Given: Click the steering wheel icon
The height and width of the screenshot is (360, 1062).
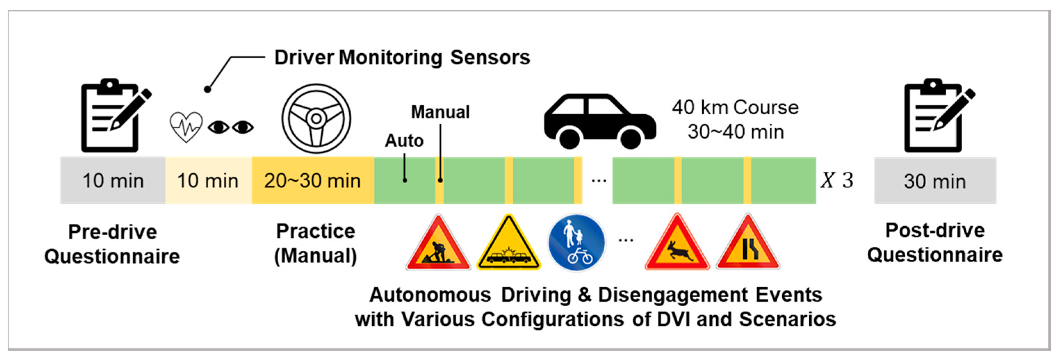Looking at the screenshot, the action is pos(316,119).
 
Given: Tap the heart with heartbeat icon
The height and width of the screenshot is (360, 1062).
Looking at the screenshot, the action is pos(186,126).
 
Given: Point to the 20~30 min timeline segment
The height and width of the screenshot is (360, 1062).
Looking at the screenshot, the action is pos(312,181).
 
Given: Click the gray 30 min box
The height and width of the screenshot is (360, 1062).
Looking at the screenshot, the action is pos(935,181).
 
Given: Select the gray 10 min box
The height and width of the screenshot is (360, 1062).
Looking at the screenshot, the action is pos(113,181).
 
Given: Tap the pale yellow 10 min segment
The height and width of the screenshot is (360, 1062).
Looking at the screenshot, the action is pos(208,181).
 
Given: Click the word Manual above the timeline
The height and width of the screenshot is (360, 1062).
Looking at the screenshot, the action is pos(440,112).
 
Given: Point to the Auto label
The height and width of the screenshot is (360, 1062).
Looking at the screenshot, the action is pos(404,141).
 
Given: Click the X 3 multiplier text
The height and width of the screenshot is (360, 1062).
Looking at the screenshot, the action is pos(837,180).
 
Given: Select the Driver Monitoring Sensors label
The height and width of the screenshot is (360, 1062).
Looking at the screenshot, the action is pos(402,57).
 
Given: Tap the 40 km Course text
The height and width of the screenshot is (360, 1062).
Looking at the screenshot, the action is pos(735,107).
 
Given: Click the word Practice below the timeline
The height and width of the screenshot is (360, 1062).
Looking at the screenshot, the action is pos(316,231).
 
